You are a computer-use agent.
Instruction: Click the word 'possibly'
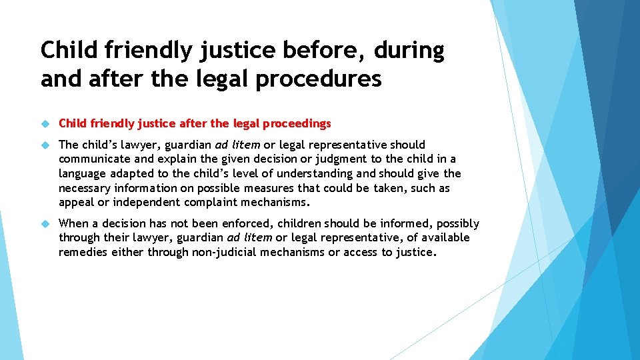click(457, 223)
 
